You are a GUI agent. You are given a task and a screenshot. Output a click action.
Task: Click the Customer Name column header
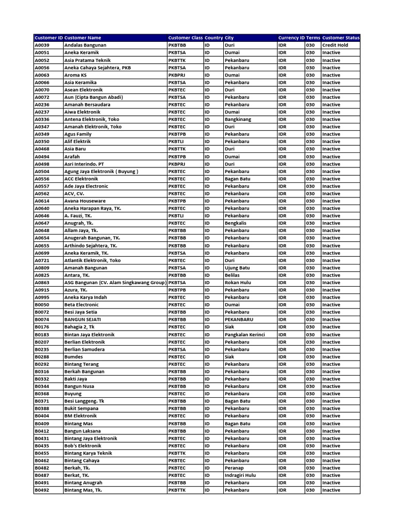[x=83, y=38]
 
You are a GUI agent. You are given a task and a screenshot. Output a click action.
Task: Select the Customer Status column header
[x=341, y=38]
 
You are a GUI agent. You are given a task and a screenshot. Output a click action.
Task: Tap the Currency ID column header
[x=291, y=38]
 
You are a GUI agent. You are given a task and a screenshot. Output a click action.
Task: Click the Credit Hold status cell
[x=335, y=45]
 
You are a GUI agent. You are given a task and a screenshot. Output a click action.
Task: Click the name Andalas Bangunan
[x=85, y=45]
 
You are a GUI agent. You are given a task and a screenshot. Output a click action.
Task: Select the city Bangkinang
[x=238, y=119]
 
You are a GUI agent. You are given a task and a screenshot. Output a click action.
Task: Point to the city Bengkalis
[x=236, y=223]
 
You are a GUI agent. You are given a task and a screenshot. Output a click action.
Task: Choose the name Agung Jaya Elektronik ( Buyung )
[x=101, y=171]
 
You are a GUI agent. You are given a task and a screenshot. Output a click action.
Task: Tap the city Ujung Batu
[x=237, y=268]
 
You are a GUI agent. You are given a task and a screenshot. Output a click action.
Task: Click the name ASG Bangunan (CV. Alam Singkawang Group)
[x=115, y=283]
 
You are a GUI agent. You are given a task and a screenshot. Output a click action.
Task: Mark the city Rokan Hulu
[x=238, y=283]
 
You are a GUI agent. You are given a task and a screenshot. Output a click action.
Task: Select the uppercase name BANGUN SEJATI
[x=83, y=319]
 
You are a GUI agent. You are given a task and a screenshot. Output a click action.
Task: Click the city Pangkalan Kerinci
[x=245, y=334]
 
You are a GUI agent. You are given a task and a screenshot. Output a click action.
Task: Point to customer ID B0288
[x=42, y=356]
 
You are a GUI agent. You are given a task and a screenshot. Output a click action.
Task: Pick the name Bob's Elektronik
[x=83, y=445]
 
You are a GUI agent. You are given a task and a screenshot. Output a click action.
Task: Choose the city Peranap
[x=234, y=468]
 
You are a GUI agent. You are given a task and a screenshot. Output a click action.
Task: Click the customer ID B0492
[x=42, y=490]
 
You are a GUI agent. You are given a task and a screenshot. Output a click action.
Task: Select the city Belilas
[x=233, y=275]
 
